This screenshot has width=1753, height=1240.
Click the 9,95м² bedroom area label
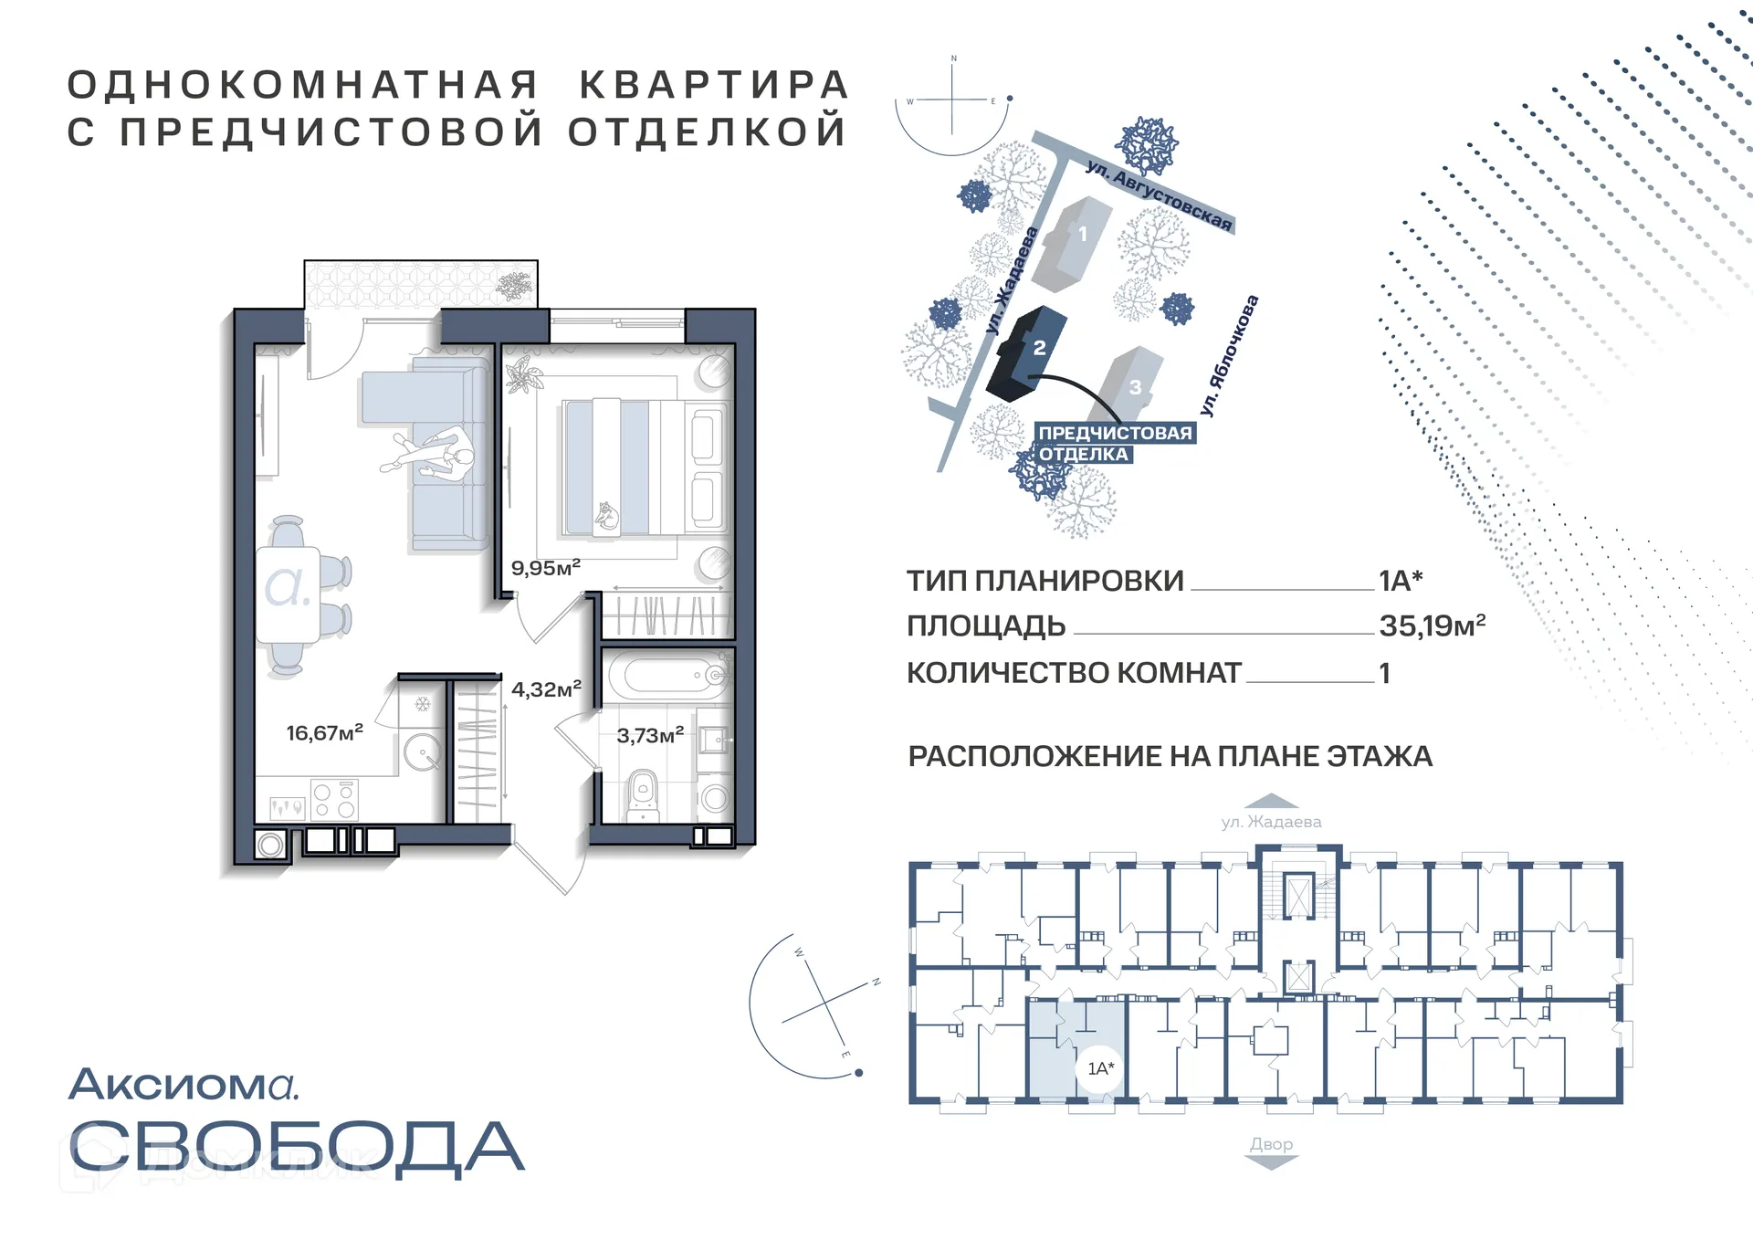(545, 568)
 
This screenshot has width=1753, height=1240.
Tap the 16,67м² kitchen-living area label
(324, 732)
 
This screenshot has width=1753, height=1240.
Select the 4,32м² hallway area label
(546, 689)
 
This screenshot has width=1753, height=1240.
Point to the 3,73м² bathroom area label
(650, 735)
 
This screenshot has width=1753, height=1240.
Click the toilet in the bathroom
(643, 794)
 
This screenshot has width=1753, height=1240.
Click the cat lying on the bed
(606, 517)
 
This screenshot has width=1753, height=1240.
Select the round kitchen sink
(423, 754)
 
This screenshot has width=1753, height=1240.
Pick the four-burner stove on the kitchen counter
(333, 800)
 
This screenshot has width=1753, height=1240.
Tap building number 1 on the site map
(1082, 235)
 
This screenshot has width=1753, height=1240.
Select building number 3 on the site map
(1135, 386)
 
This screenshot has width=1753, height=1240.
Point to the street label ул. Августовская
(1159, 194)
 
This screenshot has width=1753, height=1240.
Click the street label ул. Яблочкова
(1229, 355)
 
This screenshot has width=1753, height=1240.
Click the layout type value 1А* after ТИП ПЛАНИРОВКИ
(1401, 581)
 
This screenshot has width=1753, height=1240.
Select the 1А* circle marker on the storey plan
(1101, 1068)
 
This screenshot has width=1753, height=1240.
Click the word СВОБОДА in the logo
(297, 1148)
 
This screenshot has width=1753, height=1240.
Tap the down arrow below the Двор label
(1271, 1162)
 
